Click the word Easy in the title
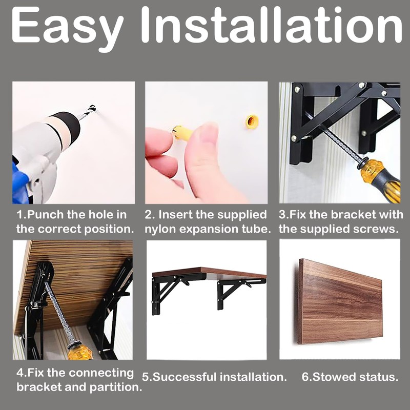67,28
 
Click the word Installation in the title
271,24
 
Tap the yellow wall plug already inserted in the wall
252,121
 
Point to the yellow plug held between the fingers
182,133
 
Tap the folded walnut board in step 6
340,301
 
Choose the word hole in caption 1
100,215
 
